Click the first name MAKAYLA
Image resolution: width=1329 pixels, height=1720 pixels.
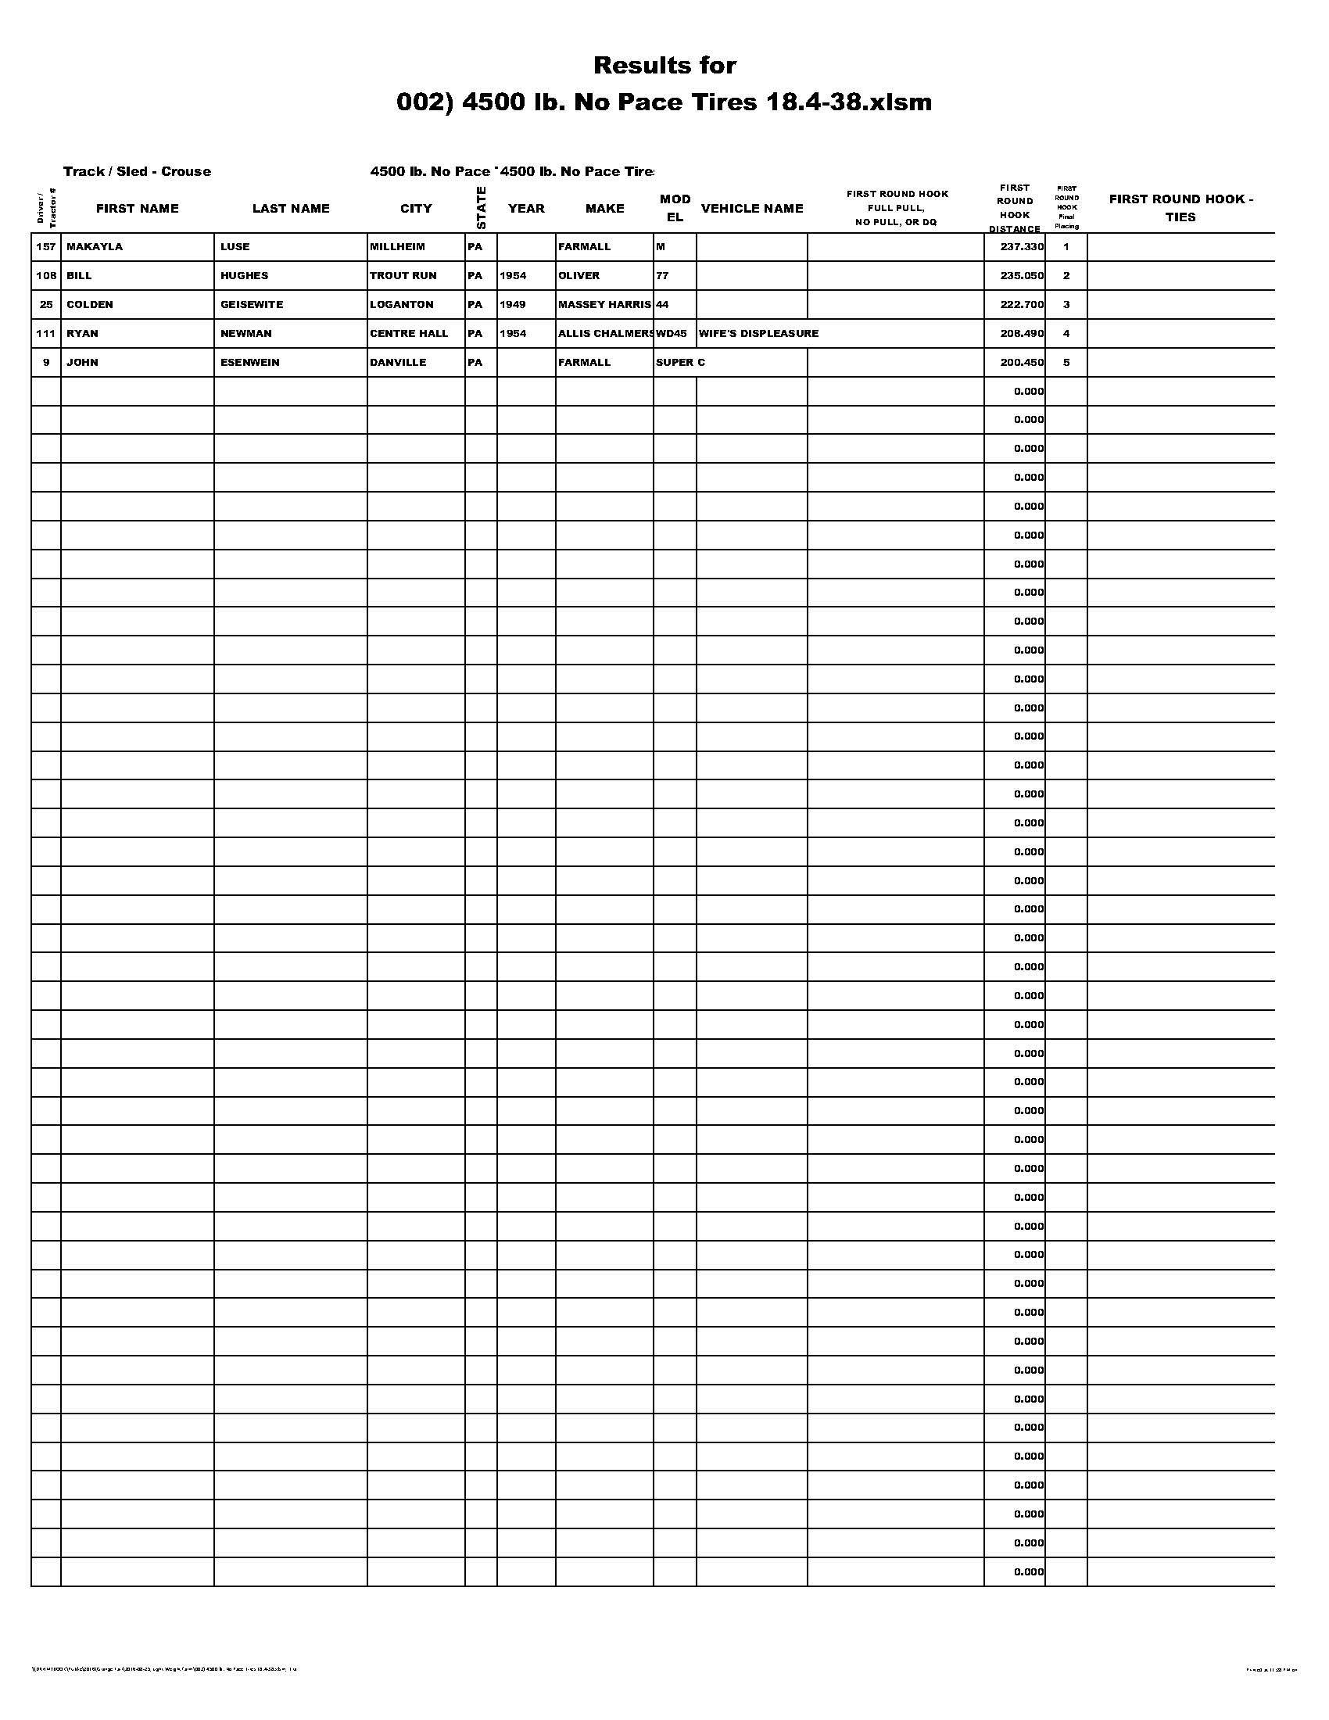(x=95, y=246)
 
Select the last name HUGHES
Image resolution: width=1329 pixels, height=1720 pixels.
(x=244, y=276)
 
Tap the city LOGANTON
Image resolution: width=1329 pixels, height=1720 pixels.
(x=402, y=305)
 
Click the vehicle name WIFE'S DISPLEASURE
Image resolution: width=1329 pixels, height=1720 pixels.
(x=758, y=333)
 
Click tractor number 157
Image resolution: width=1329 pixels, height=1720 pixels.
(x=46, y=246)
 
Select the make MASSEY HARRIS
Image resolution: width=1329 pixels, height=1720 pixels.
(x=604, y=305)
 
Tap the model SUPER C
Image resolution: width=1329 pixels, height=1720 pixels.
(x=679, y=362)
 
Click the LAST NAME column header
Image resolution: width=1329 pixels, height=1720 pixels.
(x=291, y=209)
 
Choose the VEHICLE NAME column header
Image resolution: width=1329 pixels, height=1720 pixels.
(x=752, y=209)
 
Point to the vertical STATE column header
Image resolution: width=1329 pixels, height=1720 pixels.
(x=481, y=208)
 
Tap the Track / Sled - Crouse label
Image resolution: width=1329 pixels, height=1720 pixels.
(x=137, y=172)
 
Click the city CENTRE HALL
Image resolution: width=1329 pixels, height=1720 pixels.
(x=409, y=333)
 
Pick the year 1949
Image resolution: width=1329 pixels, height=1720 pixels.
(x=513, y=305)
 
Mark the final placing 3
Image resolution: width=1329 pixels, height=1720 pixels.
(x=1066, y=305)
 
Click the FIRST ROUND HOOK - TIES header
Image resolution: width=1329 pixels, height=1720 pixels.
(x=1180, y=208)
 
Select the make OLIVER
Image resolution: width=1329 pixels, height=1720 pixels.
(x=579, y=276)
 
